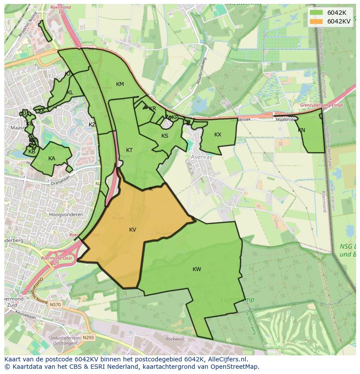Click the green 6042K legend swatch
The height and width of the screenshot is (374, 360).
[317, 13]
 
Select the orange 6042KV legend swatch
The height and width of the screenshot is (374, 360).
[317, 21]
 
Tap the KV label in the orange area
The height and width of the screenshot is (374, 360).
[133, 230]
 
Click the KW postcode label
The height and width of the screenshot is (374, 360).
[197, 269]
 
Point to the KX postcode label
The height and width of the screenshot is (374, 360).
[218, 135]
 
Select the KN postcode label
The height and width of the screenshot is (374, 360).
[301, 130]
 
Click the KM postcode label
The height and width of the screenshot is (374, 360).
[120, 84]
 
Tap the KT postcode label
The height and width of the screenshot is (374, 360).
[129, 150]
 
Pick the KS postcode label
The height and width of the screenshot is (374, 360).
[165, 136]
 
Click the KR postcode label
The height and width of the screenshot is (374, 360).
[152, 109]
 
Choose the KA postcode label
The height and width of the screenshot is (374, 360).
[52, 159]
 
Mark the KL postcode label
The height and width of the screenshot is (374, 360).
[70, 93]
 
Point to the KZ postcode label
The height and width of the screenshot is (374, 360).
[92, 125]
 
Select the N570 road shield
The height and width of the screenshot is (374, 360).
[55, 305]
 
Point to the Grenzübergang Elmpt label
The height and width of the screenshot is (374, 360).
[321, 106]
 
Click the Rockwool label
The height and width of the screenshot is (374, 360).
[175, 339]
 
